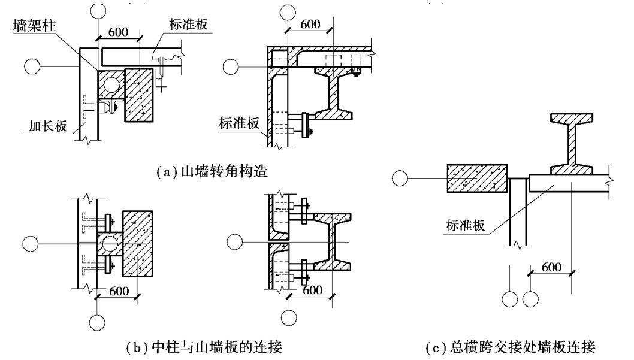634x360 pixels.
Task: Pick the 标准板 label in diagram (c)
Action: [464, 226]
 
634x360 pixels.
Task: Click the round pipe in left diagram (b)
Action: [109, 243]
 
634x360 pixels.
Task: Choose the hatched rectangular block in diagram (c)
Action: [477, 179]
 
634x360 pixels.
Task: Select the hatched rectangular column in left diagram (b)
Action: [137, 243]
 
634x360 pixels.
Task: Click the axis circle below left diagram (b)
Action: [98, 323]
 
